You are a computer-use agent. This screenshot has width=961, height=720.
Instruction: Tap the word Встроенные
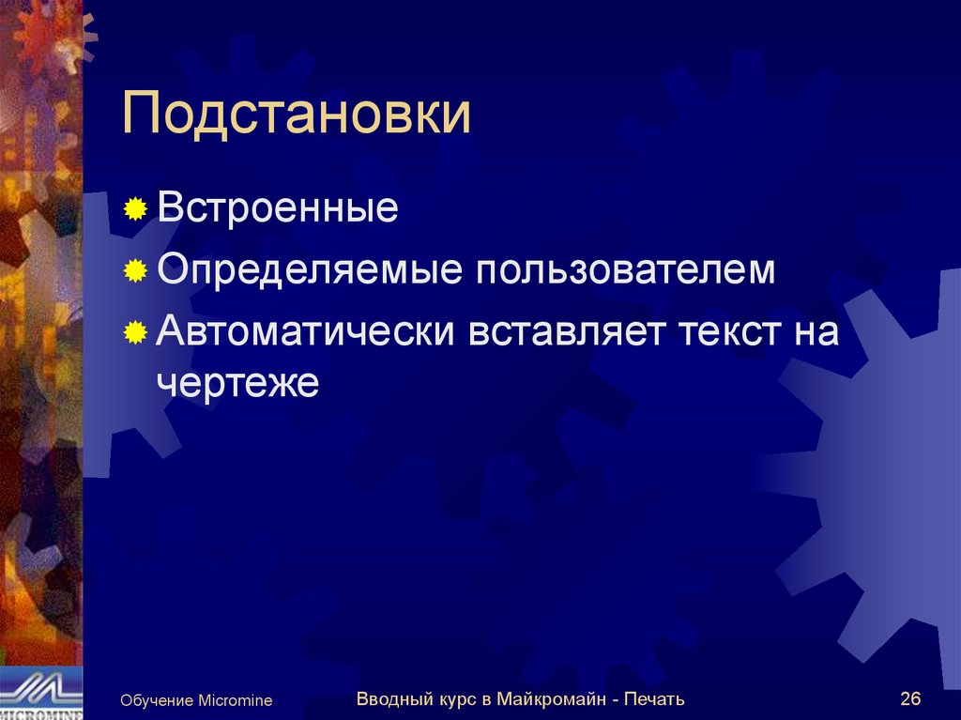[x=278, y=207]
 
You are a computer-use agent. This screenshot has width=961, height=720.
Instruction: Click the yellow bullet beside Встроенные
[x=136, y=208]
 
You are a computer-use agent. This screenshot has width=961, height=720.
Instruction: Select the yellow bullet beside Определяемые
[x=136, y=271]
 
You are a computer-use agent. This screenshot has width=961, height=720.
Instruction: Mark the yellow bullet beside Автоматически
[x=136, y=333]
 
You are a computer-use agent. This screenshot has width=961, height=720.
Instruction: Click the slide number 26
[x=909, y=698]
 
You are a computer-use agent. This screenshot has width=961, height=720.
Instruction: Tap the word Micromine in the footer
[x=235, y=700]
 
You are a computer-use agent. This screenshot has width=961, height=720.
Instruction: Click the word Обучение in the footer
[x=157, y=700]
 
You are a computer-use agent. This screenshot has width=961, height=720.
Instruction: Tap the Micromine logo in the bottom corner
[x=40, y=694]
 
